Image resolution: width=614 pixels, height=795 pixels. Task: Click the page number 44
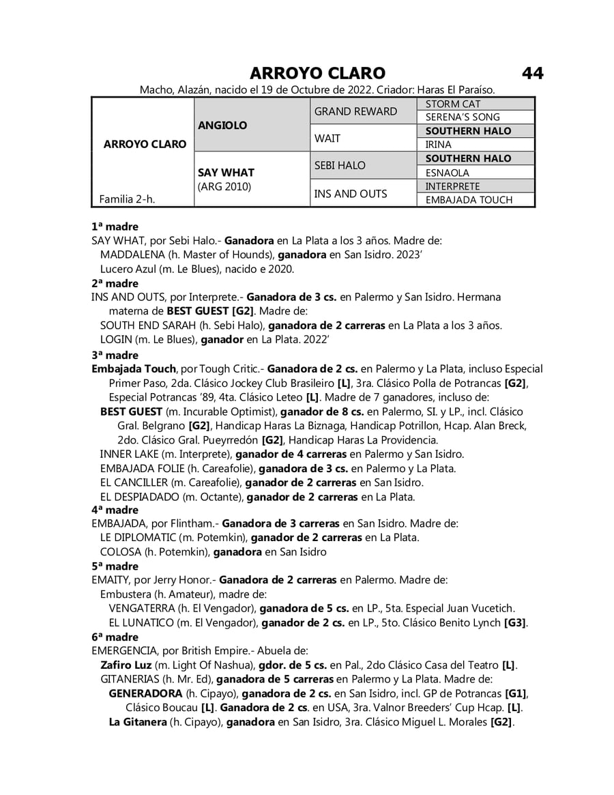[x=533, y=73]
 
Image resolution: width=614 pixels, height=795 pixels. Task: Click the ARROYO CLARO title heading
[x=317, y=73]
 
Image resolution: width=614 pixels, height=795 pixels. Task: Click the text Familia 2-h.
[x=127, y=199]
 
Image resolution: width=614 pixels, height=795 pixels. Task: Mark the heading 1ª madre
[x=115, y=227]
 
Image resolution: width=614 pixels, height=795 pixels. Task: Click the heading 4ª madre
[x=115, y=510]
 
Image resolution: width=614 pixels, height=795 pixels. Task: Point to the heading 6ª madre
[x=115, y=637]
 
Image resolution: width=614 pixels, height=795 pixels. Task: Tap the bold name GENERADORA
[x=145, y=693]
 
